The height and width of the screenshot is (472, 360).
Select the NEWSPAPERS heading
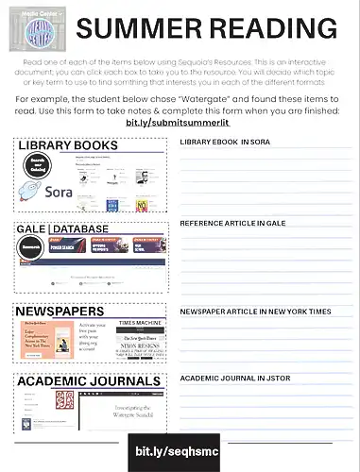60,310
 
